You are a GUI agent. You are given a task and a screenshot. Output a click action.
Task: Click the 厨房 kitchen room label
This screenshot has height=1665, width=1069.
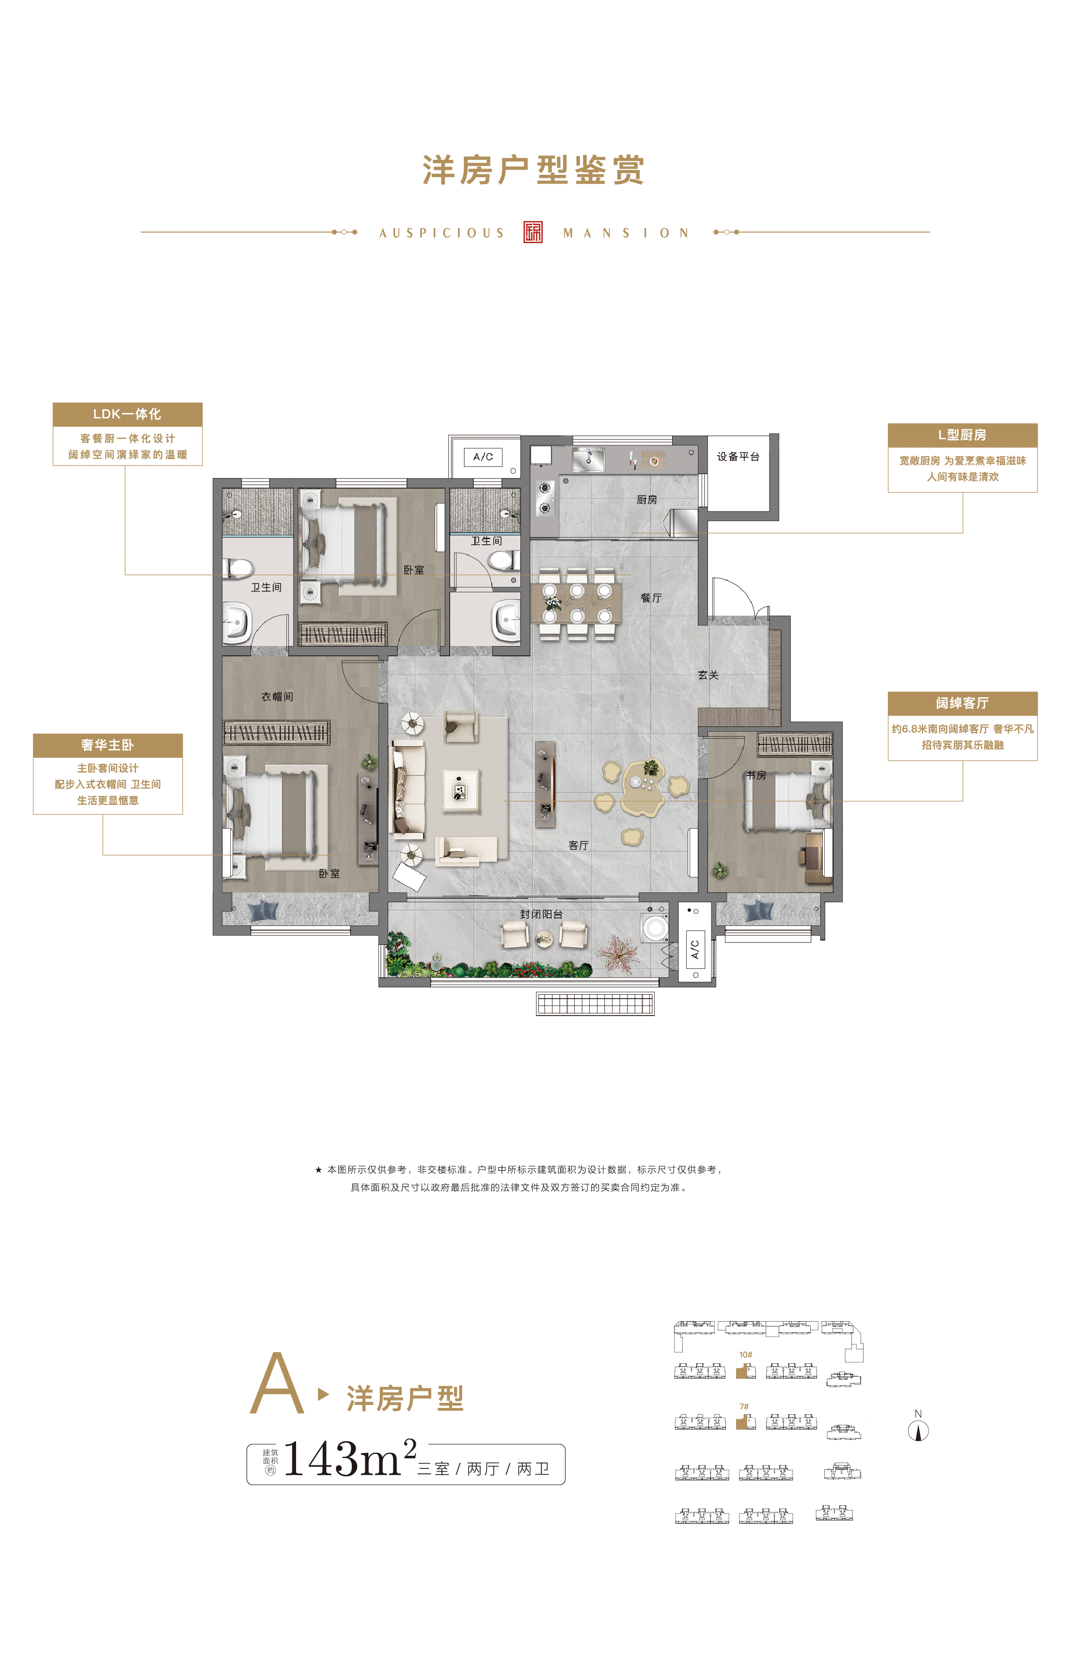[646, 499]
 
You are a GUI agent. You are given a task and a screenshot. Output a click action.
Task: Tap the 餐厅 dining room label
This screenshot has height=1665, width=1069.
[651, 598]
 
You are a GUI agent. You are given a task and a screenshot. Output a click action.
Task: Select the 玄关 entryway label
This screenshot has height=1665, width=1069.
[708, 675]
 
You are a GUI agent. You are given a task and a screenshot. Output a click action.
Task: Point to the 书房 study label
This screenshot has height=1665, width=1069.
[756, 775]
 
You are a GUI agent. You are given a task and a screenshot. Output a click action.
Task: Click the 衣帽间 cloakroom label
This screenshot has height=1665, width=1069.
[277, 696]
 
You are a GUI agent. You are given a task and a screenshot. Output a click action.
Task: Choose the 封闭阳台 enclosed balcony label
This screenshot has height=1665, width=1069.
[541, 914]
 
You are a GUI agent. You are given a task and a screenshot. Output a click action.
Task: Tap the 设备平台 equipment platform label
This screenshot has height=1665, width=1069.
[738, 457]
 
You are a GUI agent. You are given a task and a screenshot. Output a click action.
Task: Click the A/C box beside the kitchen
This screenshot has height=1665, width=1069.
[483, 457]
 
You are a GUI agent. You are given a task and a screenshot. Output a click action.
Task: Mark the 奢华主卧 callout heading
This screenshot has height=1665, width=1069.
[108, 745]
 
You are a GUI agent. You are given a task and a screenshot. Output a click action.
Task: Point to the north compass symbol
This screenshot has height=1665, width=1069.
[918, 1431]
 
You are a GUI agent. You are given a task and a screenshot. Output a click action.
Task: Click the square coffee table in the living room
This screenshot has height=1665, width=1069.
[462, 791]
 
